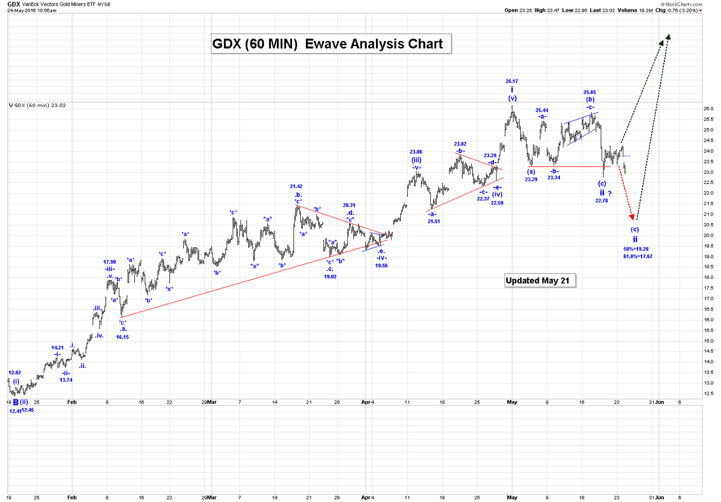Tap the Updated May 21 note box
pos(538,280)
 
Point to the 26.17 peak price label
pos(511,81)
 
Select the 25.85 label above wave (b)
pos(590,93)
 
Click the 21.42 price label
pos(296,187)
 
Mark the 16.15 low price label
pos(123,337)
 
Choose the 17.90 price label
pos(110,262)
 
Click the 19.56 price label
pos(381,266)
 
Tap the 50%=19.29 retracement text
pos(636,249)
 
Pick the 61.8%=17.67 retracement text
pos(638,257)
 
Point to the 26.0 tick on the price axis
pos(709,109)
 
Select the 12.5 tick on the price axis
pos(709,394)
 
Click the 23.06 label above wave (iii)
pos(416,152)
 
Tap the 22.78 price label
pos(602,201)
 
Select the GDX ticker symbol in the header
pos(13,4)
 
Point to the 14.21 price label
pos(58,348)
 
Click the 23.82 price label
pos(460,144)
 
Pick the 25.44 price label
pos(542,110)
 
